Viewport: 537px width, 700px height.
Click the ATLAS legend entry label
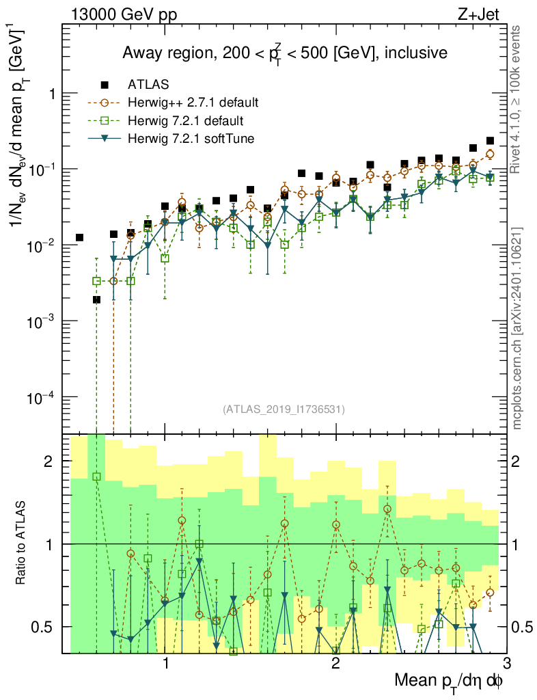(x=144, y=85)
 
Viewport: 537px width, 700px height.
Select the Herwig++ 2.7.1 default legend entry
(x=193, y=103)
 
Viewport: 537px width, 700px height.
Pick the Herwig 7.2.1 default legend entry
(x=186, y=121)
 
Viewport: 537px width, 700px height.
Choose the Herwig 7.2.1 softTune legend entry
(x=191, y=139)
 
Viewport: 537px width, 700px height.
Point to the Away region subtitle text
(x=284, y=53)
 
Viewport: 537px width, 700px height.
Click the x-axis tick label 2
(x=335, y=664)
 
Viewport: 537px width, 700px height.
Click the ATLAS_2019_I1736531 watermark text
(x=284, y=409)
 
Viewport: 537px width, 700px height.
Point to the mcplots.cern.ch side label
(x=519, y=328)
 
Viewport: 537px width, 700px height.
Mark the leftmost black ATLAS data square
(x=79, y=237)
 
